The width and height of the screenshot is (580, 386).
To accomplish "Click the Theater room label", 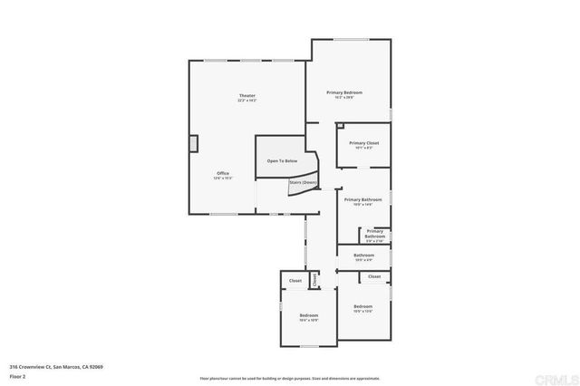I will pos(246,95).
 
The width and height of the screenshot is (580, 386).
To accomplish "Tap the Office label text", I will pos(223,173).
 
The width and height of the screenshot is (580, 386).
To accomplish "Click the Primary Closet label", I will pos(363,143).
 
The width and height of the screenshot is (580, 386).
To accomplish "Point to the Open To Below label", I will pos(282,160).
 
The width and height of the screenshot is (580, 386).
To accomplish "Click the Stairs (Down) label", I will pos(303,182).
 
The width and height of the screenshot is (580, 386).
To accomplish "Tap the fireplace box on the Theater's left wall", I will pos(192,144).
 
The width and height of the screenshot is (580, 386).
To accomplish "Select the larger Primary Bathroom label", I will pos(362,199).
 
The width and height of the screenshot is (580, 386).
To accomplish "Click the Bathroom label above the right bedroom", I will pos(363,255).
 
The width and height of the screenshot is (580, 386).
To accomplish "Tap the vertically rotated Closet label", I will pos(314,280).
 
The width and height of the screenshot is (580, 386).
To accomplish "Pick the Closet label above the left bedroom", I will pos(295,281).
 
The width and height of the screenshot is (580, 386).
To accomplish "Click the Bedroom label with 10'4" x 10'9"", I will pos(309,314).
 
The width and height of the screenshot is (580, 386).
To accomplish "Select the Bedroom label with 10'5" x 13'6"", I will pos(362,306).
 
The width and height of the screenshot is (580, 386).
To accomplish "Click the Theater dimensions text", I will pos(246,101).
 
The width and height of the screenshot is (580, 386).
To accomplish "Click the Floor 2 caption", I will pos(19,375).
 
